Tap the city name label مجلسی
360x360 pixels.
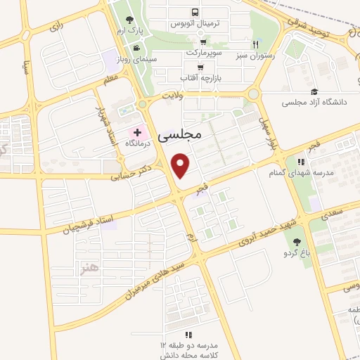pyautogui.click(x=180, y=132)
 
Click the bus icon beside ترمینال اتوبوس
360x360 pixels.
pyautogui.click(x=195, y=12)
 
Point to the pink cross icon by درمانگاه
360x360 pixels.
pyautogui.click(x=138, y=132)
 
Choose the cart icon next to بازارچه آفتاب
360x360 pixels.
pyautogui.click(x=201, y=68)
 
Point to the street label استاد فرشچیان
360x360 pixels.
pyautogui.click(x=67, y=221)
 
